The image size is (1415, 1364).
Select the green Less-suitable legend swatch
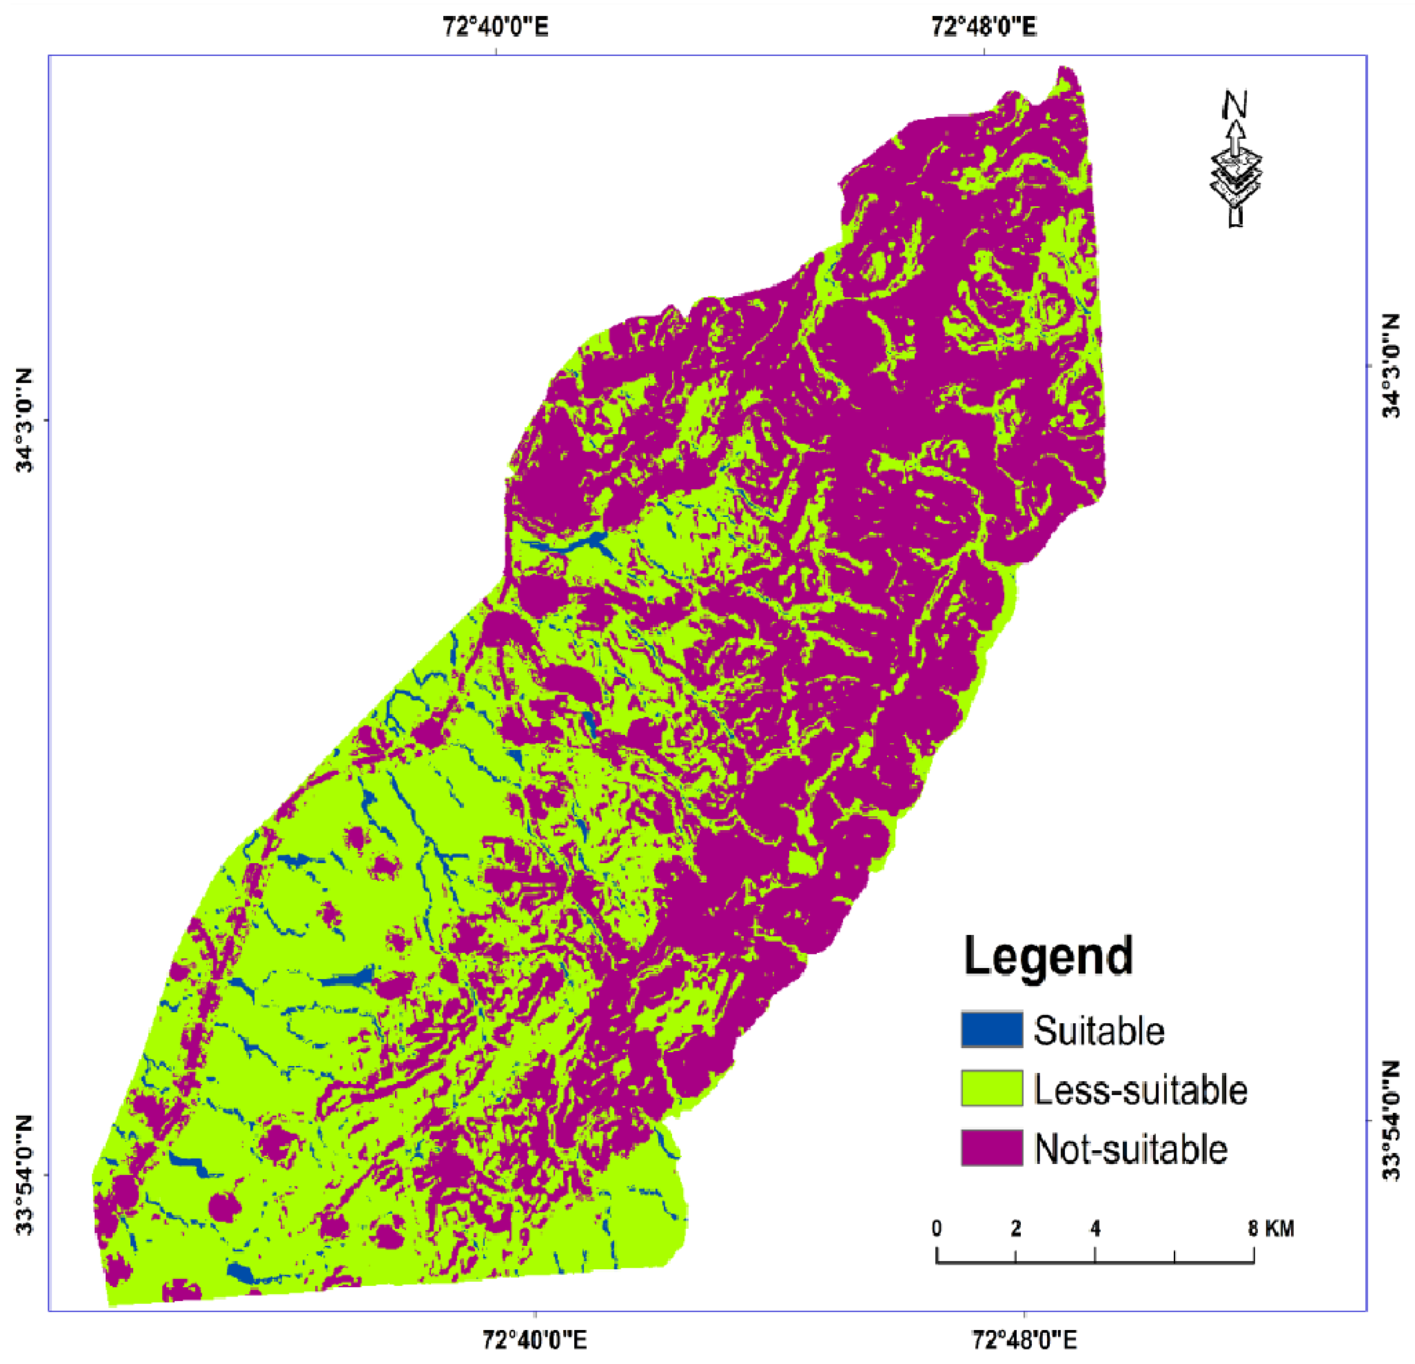click(x=991, y=1089)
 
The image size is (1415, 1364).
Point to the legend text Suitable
click(x=1098, y=1030)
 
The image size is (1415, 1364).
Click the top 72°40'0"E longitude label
click(x=495, y=27)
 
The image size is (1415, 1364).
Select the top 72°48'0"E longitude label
click(x=983, y=27)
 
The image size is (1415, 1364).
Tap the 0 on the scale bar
click(x=936, y=1228)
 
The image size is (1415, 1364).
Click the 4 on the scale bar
click(x=1095, y=1228)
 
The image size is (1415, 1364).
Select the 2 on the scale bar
click(x=1016, y=1228)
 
